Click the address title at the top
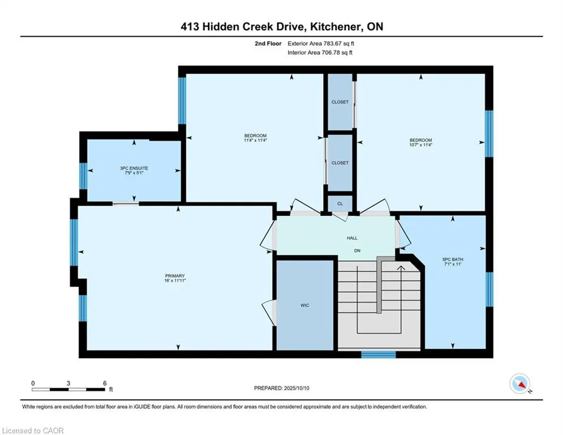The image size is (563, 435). coord(282,27)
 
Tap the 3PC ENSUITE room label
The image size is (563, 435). coord(134,168)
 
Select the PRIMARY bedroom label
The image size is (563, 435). coord(175,276)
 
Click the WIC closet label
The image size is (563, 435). coord(305,305)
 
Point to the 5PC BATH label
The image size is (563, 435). coord(453,259)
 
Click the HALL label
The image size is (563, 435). coord(353,238)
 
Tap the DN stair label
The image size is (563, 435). coord(357,250)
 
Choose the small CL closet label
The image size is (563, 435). coord(340,203)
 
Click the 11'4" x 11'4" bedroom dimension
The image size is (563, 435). coord(255,140)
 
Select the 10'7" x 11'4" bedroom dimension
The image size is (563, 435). coord(421,145)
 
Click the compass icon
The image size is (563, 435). coord(520,383)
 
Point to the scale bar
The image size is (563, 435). coord(68,389)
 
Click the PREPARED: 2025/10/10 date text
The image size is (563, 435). coord(282,388)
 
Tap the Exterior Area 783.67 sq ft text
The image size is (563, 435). coord(321,44)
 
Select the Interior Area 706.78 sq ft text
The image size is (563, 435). coord(320,53)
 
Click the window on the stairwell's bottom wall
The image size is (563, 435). coord(379,355)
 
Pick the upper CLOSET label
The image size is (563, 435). coord(340,102)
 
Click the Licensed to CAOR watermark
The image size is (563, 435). coord(33,430)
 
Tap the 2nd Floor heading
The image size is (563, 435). coord(268,44)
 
